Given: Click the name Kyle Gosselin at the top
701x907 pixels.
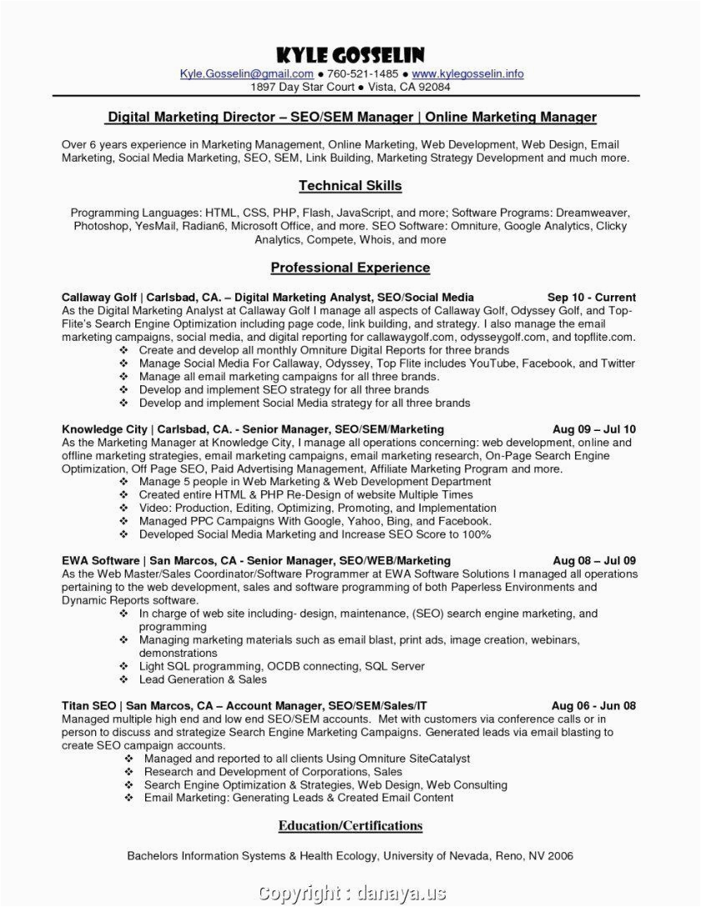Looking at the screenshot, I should pos(351,56).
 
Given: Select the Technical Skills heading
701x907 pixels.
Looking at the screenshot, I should pos(350,186).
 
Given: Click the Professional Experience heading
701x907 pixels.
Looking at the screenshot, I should pos(350,268).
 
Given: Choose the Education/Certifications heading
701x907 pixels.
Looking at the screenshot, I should pos(350,826).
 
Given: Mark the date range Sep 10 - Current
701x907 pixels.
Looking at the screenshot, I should pos(592,297).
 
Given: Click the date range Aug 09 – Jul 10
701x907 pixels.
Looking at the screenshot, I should pos(594,429).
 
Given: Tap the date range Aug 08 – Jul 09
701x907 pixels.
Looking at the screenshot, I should pos(594,561).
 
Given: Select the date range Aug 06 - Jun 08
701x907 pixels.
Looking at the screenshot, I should pos(594,705).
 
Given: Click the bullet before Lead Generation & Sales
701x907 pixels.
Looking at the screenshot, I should pos(123,680).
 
